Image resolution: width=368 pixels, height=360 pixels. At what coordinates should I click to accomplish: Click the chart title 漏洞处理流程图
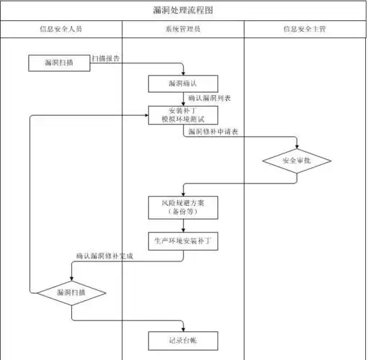pyautogui.click(x=184, y=11)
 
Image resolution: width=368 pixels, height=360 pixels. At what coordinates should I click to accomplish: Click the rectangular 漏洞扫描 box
pyautogui.click(x=59, y=63)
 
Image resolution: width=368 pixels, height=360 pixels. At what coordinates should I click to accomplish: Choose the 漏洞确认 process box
pyautogui.click(x=183, y=84)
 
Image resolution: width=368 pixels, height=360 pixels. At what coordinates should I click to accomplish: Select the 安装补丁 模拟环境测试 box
pyautogui.click(x=183, y=115)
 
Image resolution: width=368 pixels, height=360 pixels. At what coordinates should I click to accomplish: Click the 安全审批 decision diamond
pyautogui.click(x=297, y=160)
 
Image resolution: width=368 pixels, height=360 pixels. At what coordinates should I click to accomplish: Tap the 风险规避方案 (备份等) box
pyautogui.click(x=183, y=208)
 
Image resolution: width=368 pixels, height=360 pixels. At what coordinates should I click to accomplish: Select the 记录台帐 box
pyautogui.click(x=183, y=340)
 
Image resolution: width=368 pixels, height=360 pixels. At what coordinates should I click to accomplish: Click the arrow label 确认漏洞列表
pyautogui.click(x=209, y=98)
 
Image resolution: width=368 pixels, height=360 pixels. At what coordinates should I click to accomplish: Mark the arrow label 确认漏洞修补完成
pyautogui.click(x=105, y=256)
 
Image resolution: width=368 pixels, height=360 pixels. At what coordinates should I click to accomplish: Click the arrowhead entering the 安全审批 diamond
pyautogui.click(x=297, y=145)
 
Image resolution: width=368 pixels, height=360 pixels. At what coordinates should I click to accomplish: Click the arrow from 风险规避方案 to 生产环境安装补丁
pyautogui.click(x=183, y=226)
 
